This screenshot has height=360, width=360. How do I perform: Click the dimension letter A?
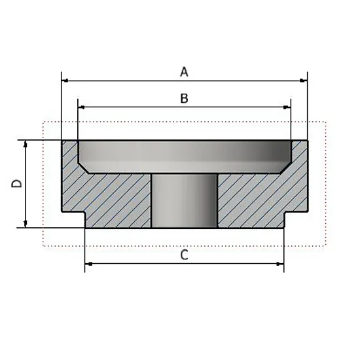point(184,71)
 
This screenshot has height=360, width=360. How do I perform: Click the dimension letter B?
point(184,98)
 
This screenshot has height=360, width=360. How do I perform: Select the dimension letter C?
point(185,255)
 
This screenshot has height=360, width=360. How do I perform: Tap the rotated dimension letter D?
point(16,184)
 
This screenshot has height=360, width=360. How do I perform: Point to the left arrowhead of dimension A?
point(65,81)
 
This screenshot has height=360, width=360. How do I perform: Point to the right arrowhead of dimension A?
point(304,81)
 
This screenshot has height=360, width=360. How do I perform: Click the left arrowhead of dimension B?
point(81,107)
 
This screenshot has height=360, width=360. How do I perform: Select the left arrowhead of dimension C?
point(88,264)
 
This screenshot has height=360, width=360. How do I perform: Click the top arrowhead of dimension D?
point(26,144)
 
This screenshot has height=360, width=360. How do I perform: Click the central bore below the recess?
point(184,201)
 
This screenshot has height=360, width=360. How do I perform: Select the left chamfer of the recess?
point(83,168)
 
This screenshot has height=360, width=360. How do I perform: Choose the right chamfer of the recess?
point(285,168)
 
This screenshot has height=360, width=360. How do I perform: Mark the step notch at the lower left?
point(73,219)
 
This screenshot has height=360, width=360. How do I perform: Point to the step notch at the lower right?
point(296,219)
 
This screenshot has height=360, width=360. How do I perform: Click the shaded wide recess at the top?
point(185,156)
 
